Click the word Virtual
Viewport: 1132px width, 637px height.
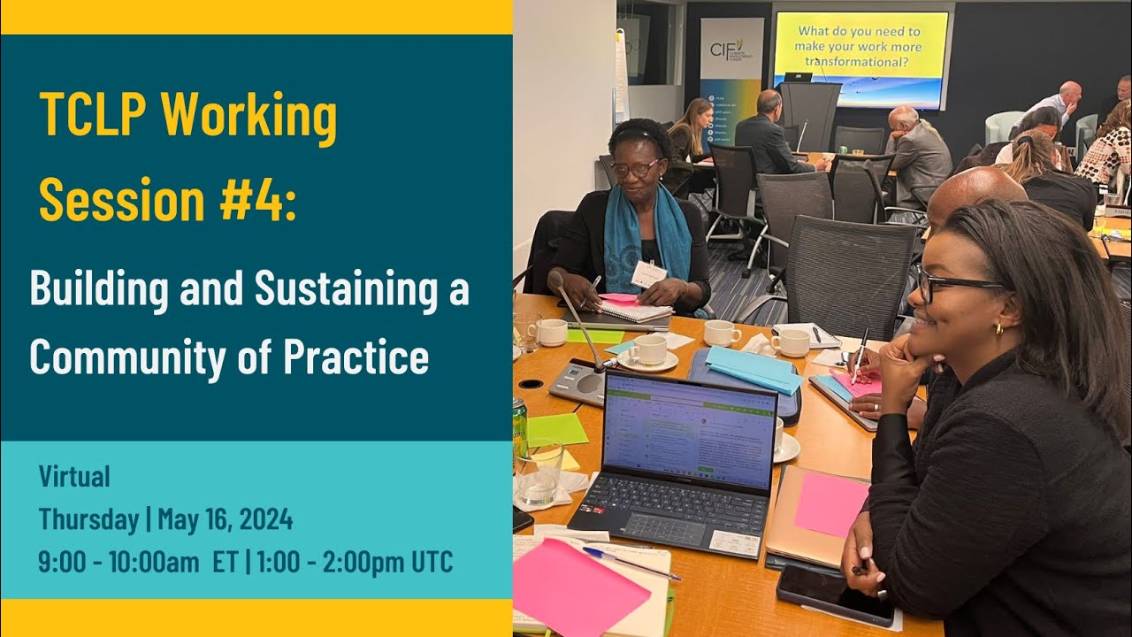74,477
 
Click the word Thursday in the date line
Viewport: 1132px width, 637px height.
86,520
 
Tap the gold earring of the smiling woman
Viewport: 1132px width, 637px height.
996,328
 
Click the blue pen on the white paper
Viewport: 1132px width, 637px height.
630,563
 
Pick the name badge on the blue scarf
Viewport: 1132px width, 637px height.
648,274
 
